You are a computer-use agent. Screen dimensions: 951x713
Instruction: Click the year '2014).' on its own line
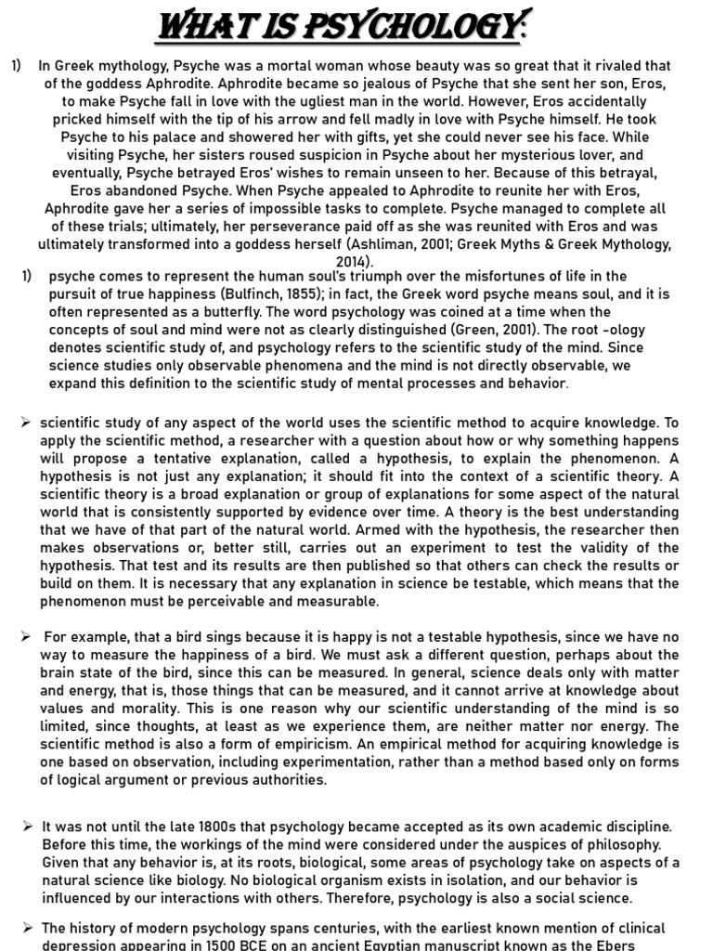point(356,262)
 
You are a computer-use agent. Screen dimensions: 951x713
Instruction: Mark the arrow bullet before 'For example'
point(27,636)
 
